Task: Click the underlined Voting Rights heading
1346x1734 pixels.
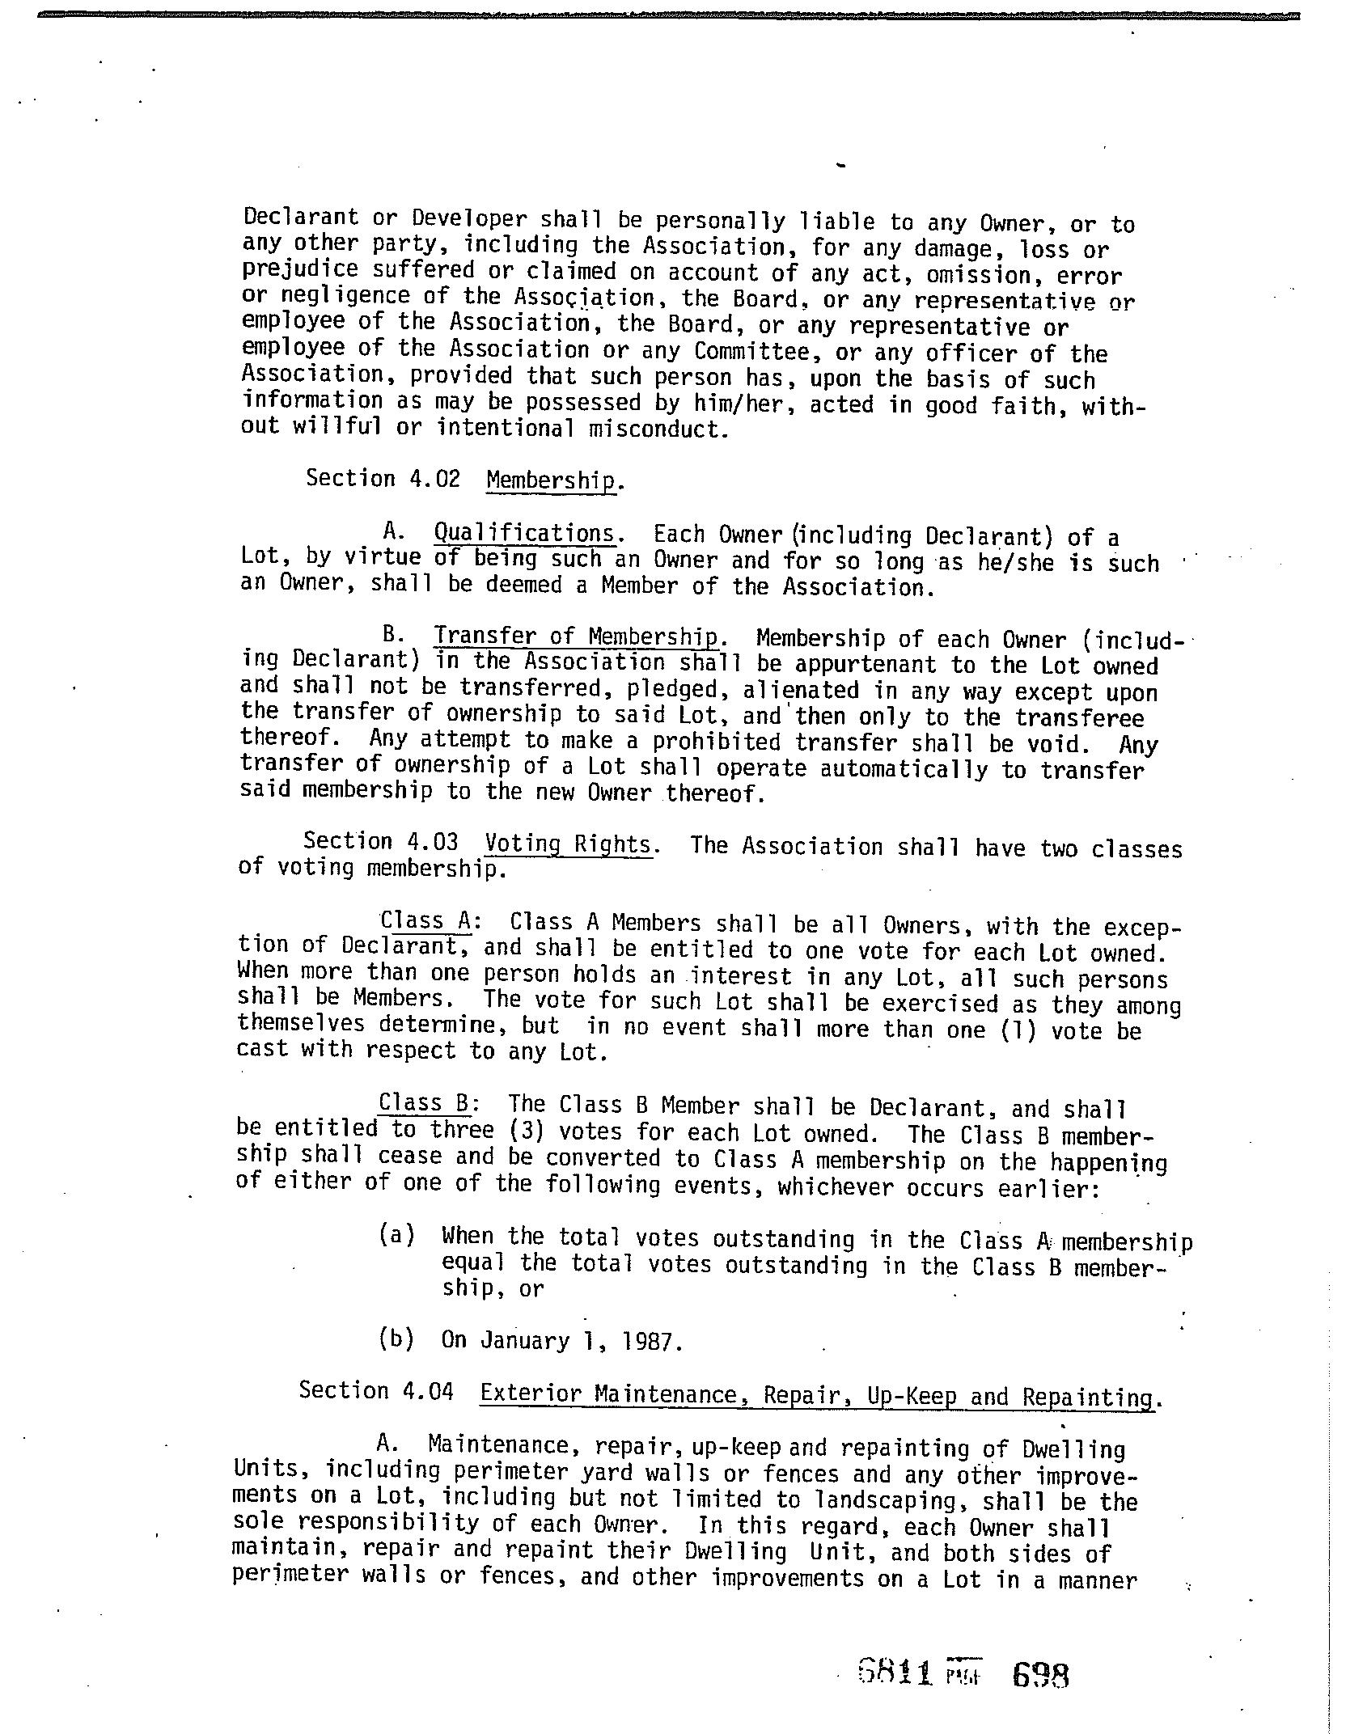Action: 568,845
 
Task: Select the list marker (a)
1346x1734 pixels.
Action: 396,1236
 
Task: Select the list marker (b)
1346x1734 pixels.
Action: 396,1339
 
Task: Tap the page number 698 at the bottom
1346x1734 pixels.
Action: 1041,1673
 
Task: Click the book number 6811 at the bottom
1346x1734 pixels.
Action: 895,1672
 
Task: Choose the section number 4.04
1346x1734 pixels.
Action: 427,1392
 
